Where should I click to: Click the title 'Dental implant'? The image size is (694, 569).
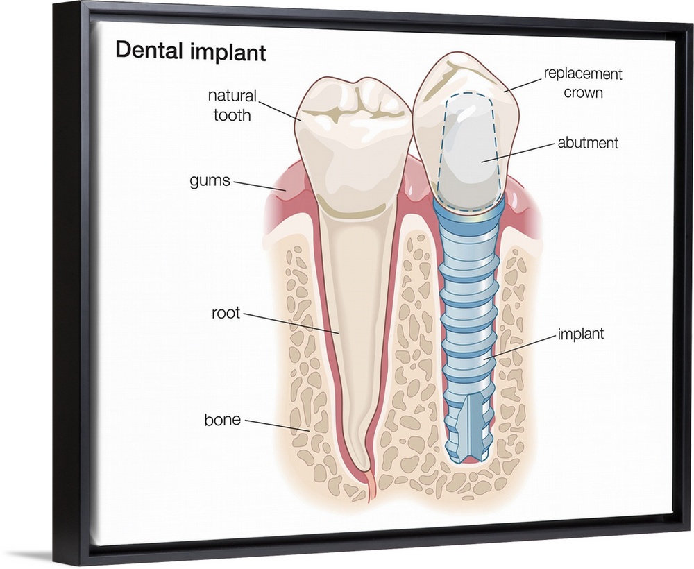coord(190,52)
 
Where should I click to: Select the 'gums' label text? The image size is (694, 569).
coord(210,181)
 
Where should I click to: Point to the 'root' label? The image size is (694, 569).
coord(226,313)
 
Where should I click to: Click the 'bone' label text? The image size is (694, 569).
coord(222,420)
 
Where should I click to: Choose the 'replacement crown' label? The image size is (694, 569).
coord(582,82)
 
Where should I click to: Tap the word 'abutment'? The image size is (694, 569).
coord(587,144)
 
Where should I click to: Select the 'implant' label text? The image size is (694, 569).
coord(580,334)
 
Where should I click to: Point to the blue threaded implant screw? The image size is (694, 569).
coord(468,312)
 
